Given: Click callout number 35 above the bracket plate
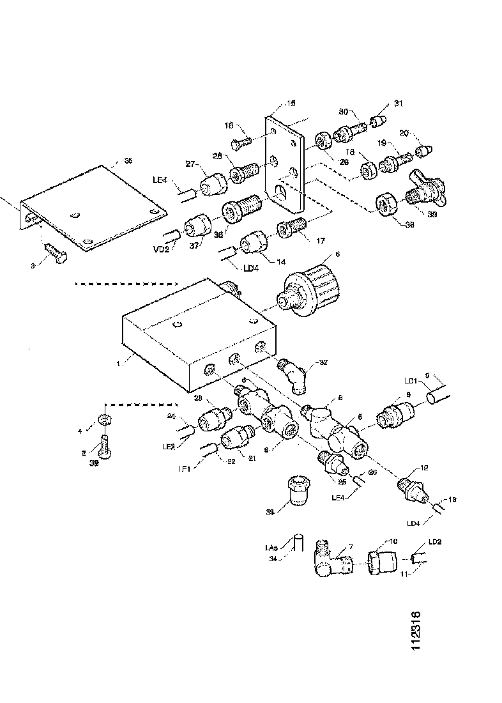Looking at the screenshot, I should click(128, 160).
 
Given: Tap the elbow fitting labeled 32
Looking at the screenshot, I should click(295, 375).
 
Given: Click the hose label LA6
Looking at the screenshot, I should click(270, 548).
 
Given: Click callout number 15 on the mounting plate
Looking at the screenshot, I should click(291, 103).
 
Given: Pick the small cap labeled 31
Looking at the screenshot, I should click(381, 120).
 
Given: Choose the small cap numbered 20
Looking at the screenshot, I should click(423, 151).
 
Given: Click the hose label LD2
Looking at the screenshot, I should click(434, 541).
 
